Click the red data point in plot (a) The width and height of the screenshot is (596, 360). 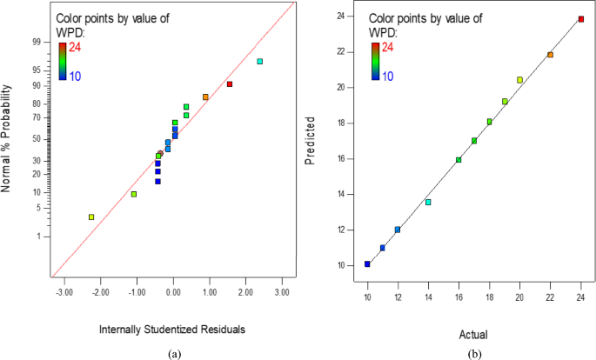(x=230, y=84)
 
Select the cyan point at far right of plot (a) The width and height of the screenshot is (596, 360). (x=260, y=61)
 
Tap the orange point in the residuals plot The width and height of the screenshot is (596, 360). (x=205, y=97)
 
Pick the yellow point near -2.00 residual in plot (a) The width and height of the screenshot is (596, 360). (x=91, y=217)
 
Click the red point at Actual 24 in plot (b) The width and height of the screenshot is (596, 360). (x=581, y=19)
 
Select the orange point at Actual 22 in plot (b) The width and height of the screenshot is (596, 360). (x=550, y=55)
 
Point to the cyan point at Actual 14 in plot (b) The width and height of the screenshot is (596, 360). (x=428, y=202)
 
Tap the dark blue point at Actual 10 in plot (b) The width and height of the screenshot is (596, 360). (x=367, y=263)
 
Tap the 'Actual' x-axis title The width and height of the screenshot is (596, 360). (x=474, y=334)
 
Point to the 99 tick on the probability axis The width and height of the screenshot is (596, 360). (x=37, y=41)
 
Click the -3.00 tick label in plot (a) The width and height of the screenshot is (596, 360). (x=64, y=293)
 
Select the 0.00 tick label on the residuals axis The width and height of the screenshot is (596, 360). (x=173, y=293)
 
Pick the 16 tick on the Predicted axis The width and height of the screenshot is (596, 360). (x=349, y=159)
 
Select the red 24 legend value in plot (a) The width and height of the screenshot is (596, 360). (x=76, y=47)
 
